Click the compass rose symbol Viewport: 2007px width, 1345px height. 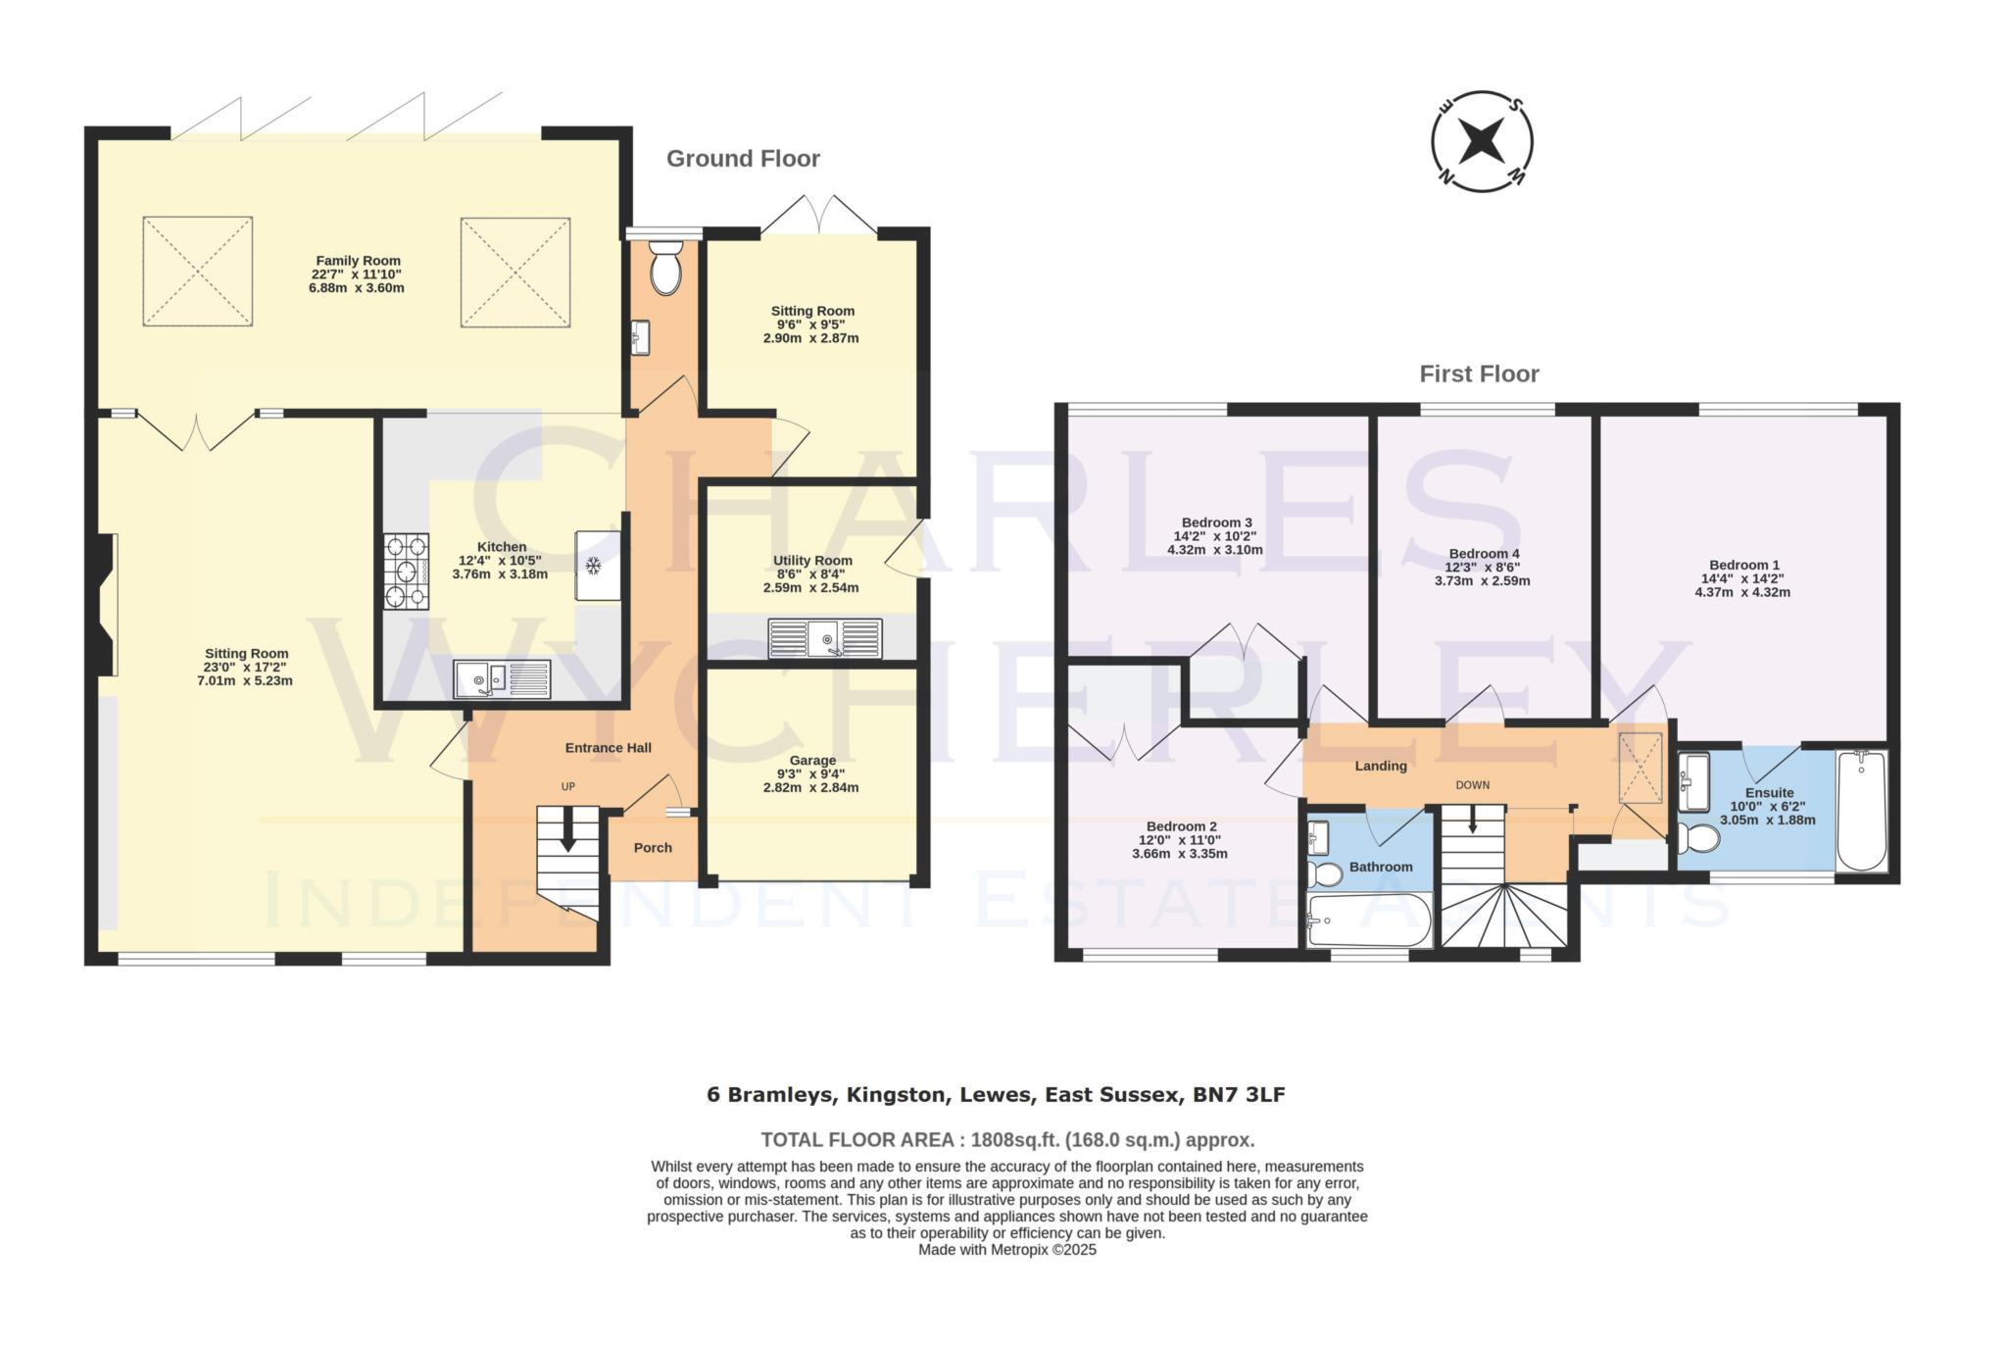click(x=1482, y=143)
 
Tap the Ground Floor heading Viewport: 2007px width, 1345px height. click(x=743, y=159)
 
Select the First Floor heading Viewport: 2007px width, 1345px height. click(x=1479, y=374)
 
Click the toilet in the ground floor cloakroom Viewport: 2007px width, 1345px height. click(x=665, y=267)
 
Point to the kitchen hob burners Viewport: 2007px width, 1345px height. click(x=406, y=572)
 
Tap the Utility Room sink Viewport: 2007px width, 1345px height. click(x=825, y=639)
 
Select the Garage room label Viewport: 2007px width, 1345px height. click(x=812, y=760)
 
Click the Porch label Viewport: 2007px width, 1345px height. click(x=653, y=847)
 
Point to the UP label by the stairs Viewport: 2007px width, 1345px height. click(x=567, y=786)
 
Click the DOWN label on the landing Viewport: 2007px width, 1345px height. click(x=1472, y=784)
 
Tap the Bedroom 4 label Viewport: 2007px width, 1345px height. click(x=1483, y=553)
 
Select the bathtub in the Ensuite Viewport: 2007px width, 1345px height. click(x=1861, y=810)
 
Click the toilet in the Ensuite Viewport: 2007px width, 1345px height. click(x=1698, y=839)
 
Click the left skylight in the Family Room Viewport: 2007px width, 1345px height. click(x=198, y=272)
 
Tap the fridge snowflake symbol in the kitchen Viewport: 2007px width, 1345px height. click(x=593, y=566)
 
